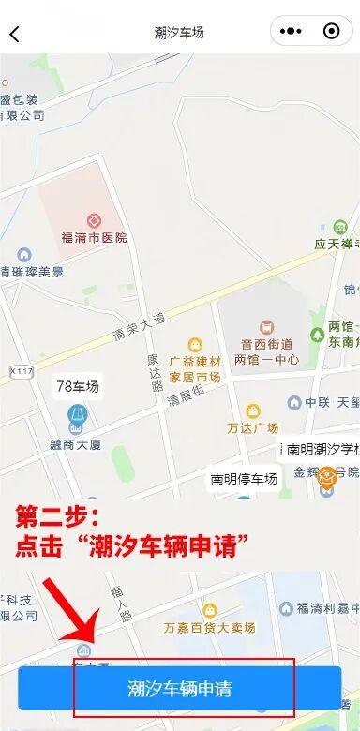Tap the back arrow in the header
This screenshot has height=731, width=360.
(14, 35)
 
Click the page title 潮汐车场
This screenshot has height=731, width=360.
(179, 33)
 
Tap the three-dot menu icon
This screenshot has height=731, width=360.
(292, 32)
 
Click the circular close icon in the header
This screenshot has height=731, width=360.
(331, 32)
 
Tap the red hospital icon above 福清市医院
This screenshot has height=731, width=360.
(93, 221)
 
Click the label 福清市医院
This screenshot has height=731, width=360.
(93, 238)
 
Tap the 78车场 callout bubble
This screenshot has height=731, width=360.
(77, 386)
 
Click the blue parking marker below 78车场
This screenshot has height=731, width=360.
(76, 414)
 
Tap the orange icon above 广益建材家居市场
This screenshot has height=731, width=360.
(195, 345)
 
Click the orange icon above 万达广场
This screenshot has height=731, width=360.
(253, 410)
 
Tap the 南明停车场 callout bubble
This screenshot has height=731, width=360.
(244, 479)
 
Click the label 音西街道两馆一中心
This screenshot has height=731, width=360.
(266, 351)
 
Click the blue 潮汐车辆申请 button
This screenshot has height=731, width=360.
(179, 689)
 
